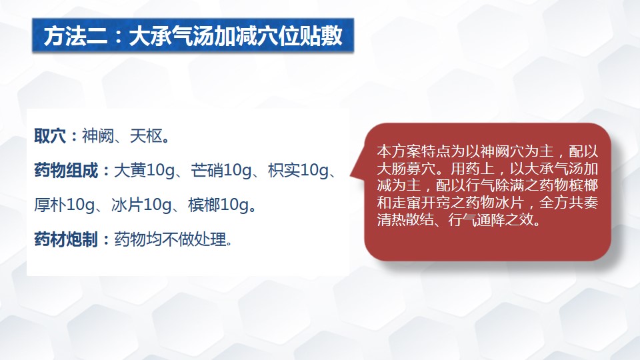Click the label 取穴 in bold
coord(50,136)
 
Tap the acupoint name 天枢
coord(146,136)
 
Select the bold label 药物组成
coord(66,170)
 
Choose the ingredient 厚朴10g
coord(65,205)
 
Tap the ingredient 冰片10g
coord(141,205)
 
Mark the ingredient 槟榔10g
coord(218,205)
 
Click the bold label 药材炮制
coord(66,239)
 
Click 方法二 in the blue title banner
coord(75,36)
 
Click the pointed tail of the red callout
coord(351,175)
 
